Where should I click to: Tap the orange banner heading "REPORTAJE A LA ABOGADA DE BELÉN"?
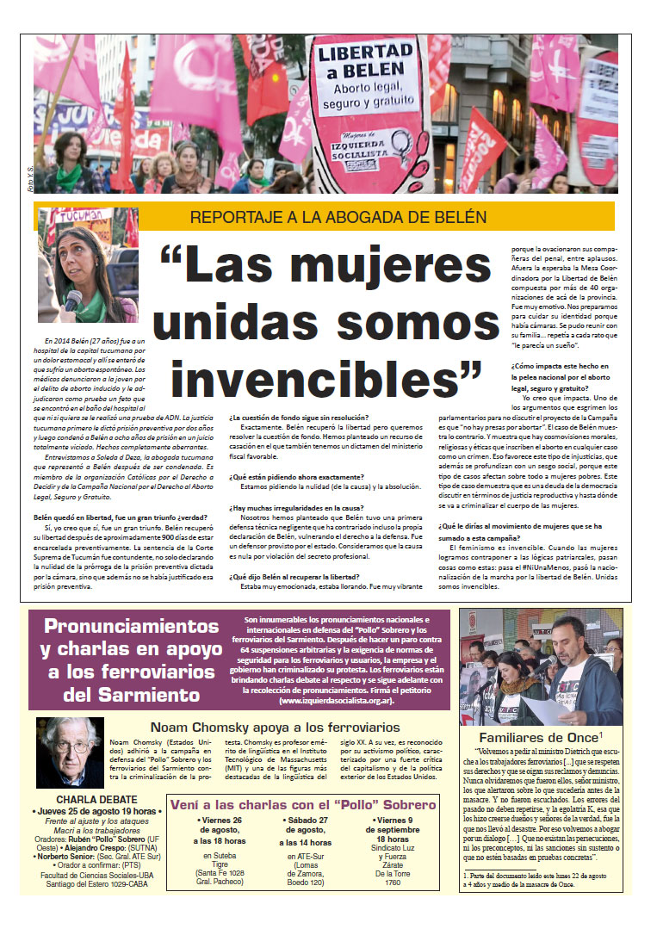(x=325, y=217)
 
